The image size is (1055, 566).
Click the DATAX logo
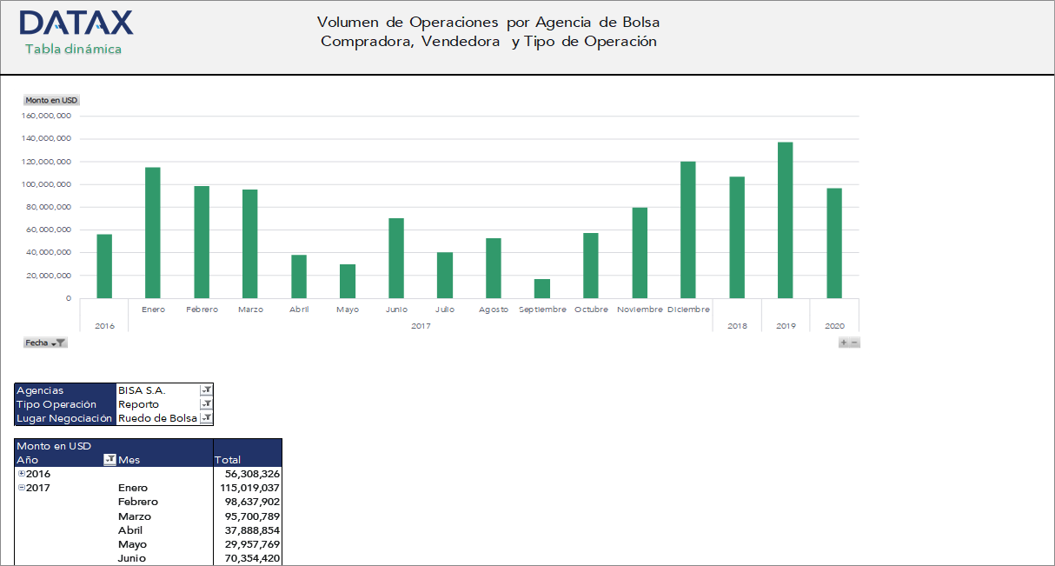[76, 23]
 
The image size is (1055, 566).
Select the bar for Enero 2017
[152, 233]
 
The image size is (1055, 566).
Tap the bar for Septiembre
[541, 289]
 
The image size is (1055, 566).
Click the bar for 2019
[785, 220]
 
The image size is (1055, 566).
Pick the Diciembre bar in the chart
[687, 230]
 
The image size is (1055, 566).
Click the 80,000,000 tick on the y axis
[49, 207]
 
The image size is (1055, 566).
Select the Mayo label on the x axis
[347, 310]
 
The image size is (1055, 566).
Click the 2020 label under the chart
[834, 326]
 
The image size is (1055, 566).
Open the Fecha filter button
[45, 343]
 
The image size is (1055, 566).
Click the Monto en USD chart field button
[51, 100]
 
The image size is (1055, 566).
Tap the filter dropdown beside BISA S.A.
[206, 390]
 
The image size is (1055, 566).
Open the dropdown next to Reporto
[206, 404]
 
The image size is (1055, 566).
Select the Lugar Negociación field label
[65, 418]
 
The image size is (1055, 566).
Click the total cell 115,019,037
[249, 488]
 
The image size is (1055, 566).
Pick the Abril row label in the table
[130, 530]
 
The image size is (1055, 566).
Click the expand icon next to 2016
[22, 474]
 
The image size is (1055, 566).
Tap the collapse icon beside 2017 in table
[22, 488]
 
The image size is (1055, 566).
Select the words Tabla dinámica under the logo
[73, 50]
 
